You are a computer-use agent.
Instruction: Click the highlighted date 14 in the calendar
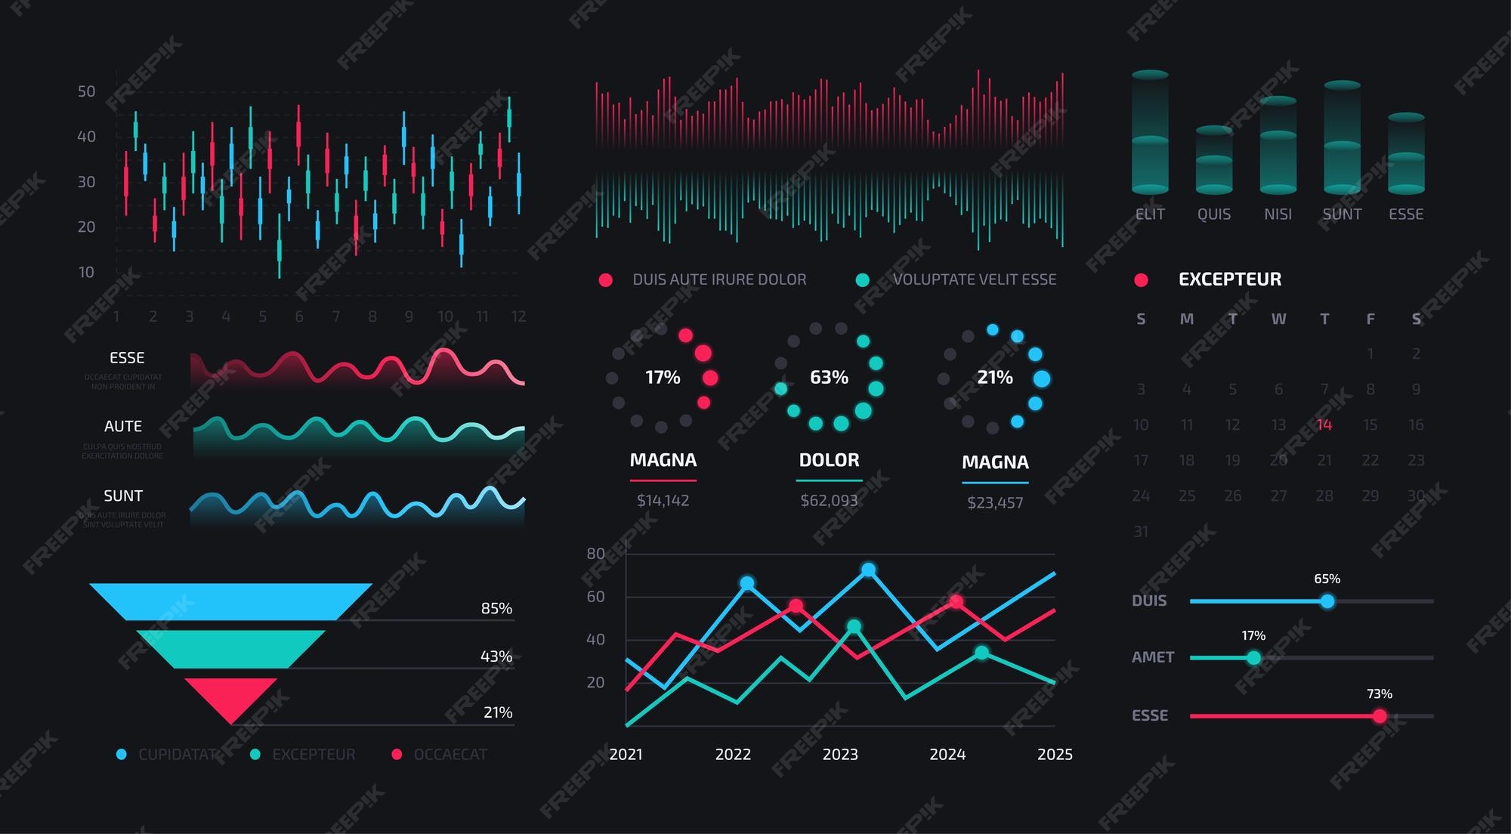coord(1324,425)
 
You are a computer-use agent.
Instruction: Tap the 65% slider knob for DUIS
coord(1327,601)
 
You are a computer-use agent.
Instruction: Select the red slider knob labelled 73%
coord(1380,715)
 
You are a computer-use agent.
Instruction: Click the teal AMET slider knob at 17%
coord(1253,658)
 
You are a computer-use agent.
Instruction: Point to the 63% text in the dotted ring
coord(829,377)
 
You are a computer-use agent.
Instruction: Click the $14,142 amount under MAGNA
coord(663,500)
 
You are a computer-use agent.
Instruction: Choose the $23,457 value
coord(995,502)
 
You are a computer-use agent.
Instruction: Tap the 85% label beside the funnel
coord(496,608)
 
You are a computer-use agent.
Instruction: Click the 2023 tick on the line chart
coord(840,754)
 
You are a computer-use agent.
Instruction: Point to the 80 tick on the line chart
coord(595,554)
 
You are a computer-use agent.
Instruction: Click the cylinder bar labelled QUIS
coord(1213,160)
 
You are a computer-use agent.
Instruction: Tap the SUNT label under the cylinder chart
coord(1342,214)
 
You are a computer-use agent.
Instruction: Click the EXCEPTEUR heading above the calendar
coord(1229,280)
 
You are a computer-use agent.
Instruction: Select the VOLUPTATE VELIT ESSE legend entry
coord(974,280)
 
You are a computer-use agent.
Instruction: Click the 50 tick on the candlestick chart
coord(86,91)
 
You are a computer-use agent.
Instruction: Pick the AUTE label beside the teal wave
coord(123,426)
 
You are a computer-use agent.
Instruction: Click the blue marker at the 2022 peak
coord(746,582)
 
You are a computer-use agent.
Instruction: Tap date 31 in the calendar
coord(1140,532)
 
